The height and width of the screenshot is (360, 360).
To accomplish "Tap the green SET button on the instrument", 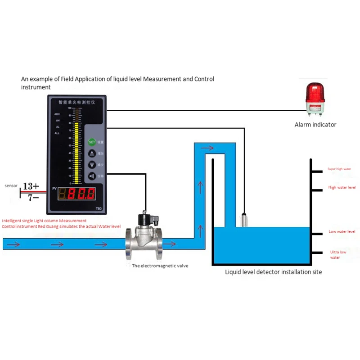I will (92, 142).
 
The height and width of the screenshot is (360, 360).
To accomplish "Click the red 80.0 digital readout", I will (81, 194).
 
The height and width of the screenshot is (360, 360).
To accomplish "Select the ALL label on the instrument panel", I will (57, 133).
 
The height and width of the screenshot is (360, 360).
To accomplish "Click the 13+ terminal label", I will (31, 186).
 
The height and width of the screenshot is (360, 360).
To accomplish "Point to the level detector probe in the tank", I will (245, 220).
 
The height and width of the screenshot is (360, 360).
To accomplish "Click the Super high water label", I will (339, 169).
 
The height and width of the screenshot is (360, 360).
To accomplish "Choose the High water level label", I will (342, 187).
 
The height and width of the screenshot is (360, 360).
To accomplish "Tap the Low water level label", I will (342, 231).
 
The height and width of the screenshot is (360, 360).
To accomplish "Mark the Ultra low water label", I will (338, 255).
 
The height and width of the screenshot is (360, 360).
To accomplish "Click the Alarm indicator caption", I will (315, 125).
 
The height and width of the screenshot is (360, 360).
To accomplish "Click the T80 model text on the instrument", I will (99, 208).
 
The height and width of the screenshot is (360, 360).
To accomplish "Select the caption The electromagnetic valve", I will (160, 266).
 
